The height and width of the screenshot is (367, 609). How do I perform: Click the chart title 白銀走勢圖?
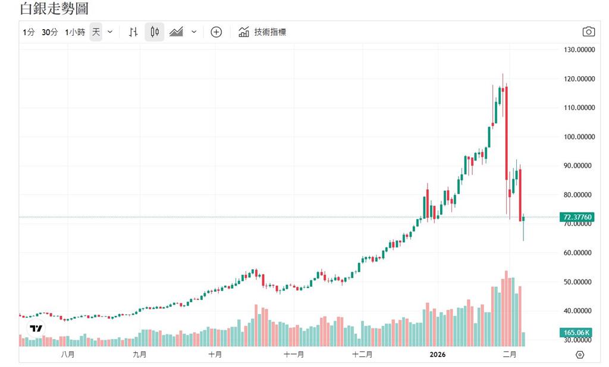[55, 9]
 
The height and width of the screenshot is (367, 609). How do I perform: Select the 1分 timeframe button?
[29, 32]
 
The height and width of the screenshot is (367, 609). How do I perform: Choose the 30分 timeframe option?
[50, 32]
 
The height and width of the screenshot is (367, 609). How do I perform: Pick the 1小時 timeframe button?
[75, 32]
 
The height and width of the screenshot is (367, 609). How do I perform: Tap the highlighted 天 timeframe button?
[96, 32]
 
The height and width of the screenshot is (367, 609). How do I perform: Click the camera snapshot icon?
[588, 32]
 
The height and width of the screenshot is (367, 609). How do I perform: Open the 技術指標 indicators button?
[263, 32]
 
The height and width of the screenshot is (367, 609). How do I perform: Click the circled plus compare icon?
[216, 32]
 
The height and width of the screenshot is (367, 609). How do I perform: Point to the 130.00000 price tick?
[579, 50]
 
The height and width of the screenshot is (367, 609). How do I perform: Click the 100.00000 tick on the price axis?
[579, 137]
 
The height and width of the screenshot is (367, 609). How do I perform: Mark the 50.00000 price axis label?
[579, 282]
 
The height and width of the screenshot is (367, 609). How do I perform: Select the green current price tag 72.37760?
[576, 217]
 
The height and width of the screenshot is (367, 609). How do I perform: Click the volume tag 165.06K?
[576, 333]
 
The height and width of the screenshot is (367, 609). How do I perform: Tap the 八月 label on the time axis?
[67, 355]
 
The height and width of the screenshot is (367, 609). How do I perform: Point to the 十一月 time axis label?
[293, 355]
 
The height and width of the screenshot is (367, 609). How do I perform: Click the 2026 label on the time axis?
[438, 355]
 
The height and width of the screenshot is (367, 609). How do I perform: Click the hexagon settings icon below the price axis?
[580, 355]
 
